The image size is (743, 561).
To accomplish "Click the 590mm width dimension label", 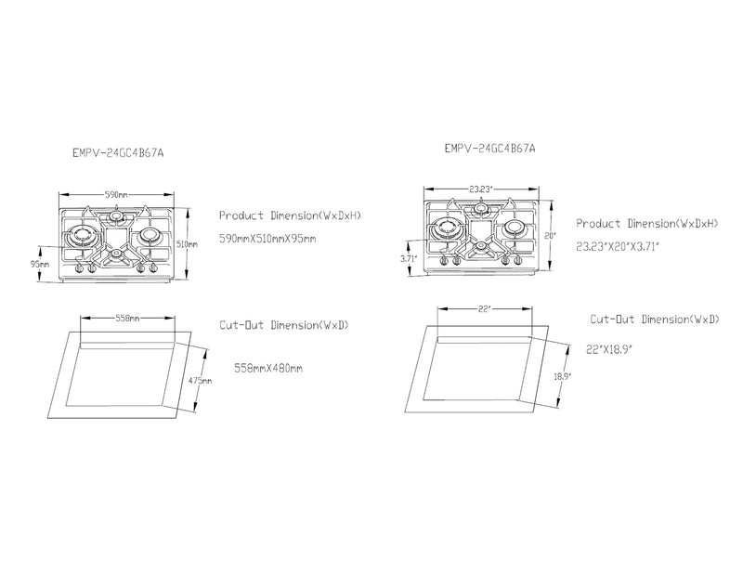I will click(x=115, y=195).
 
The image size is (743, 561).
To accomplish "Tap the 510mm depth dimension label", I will click(x=187, y=243).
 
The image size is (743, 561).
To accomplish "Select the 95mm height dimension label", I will click(x=39, y=263).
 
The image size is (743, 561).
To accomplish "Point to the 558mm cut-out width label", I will click(x=127, y=318).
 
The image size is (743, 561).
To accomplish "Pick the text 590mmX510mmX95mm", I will click(x=267, y=239).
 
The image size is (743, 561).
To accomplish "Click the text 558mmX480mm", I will click(x=269, y=368).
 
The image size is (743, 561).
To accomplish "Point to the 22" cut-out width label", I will click(x=484, y=308).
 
